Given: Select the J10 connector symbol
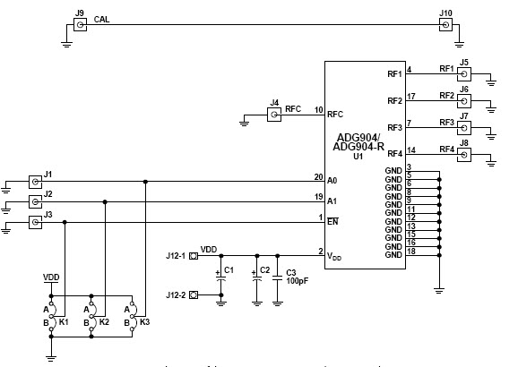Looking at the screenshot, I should [x=445, y=26].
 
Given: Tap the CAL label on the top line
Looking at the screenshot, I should [x=102, y=18].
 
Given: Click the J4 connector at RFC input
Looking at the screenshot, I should [x=275, y=115].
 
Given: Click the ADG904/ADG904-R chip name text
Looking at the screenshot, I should [x=358, y=141].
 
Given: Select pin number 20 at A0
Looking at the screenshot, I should [x=317, y=175].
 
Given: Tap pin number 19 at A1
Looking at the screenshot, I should [x=317, y=196].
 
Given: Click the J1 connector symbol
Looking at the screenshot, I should [x=36, y=181].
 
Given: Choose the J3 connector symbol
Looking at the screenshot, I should [x=36, y=221].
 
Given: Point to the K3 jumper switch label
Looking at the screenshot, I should [x=145, y=320].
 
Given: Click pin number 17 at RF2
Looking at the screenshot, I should [x=410, y=96].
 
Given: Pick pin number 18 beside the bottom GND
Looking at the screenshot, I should [x=410, y=252].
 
